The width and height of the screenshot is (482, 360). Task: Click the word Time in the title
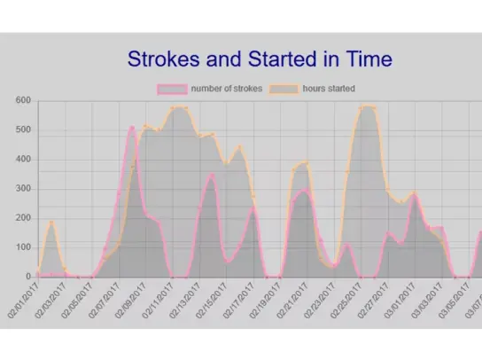click(362, 60)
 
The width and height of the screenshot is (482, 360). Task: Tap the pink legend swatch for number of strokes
click(171, 89)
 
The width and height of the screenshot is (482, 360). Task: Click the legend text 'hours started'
click(329, 89)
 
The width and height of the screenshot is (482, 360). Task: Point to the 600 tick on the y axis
click(22, 101)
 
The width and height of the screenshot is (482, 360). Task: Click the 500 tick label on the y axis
click(22, 130)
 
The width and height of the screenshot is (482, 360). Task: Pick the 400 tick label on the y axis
click(22, 160)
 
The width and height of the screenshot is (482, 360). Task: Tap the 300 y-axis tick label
click(22, 189)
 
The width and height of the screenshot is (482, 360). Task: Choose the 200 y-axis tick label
click(22, 218)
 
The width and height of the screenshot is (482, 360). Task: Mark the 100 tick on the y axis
click(22, 247)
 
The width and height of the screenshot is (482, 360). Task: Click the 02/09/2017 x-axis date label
click(129, 299)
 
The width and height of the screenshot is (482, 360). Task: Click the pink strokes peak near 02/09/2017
click(131, 128)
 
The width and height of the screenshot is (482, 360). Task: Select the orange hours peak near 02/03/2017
click(51, 223)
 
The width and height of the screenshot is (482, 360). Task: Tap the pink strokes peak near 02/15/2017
click(211, 176)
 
